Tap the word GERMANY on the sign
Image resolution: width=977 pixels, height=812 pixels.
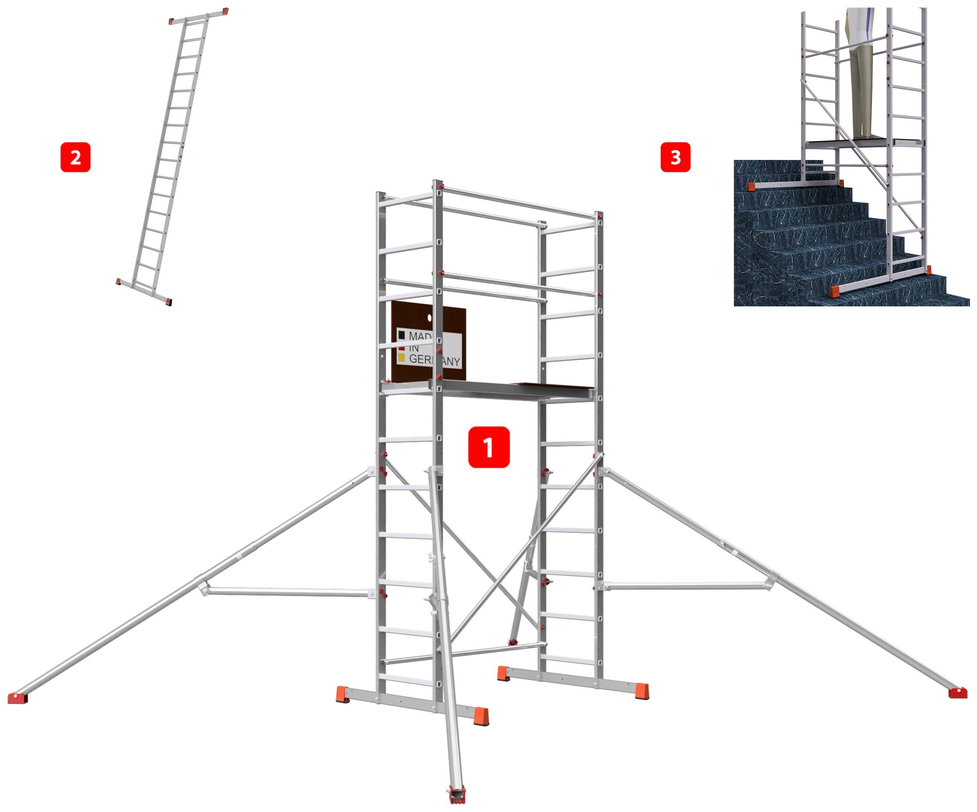coord(434,360)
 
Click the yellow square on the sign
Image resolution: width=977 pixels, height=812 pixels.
coord(401,358)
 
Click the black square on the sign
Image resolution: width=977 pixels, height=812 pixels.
coord(401,335)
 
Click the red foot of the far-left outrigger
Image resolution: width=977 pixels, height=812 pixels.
coord(18,697)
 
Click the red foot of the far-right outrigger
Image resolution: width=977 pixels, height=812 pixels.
coord(957,693)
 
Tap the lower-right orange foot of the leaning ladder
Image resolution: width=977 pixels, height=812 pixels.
coord(168,301)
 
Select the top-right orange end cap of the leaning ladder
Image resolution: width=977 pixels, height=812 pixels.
coord(225,10)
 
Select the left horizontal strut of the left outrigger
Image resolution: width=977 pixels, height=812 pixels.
coord(289,592)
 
